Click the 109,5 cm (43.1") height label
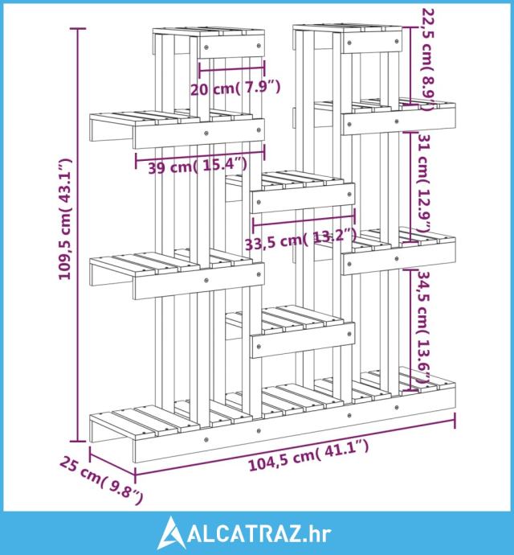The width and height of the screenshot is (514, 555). point(65,219)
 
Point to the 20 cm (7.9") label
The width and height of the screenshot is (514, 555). point(235,88)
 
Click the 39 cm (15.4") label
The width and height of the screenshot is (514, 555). point(198,166)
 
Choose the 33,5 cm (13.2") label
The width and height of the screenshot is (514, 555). point(300,239)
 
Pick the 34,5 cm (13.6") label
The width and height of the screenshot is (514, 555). point(425,327)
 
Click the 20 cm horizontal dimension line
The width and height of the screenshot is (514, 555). point(232,68)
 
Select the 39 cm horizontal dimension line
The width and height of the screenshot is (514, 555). point(200,157)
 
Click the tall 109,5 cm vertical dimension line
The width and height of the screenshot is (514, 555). point(79,235)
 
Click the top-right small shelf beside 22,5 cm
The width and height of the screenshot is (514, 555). point(348,39)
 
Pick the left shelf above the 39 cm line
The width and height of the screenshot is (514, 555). point(177,129)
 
